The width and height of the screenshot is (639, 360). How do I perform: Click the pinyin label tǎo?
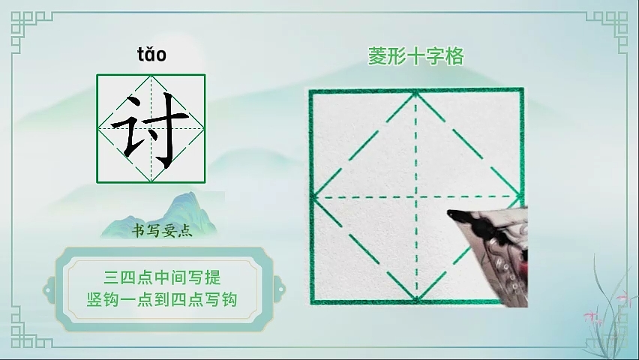pos(151,55)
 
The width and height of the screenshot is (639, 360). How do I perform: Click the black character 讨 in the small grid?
pos(150,130)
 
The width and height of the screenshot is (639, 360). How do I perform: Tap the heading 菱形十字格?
pos(416,56)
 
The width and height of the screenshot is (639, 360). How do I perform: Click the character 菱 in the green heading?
pos(377,56)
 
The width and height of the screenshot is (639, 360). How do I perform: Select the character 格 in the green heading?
pos(454,56)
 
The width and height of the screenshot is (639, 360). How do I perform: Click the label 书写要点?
pos(162,231)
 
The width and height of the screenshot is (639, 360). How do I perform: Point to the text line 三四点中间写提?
pos(162,277)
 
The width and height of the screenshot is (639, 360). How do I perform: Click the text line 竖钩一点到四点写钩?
pos(162,300)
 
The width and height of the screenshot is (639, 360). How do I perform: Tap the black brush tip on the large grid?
pos(451,213)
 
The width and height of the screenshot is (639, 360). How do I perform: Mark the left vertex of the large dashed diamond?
pos(313,197)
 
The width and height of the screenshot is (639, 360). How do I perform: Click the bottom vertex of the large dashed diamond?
pos(416,300)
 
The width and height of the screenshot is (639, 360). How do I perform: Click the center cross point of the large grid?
pos(416,197)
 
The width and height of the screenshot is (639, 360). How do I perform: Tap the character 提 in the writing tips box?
pos(212,277)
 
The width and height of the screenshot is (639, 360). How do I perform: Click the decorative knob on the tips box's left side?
pos(49,290)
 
